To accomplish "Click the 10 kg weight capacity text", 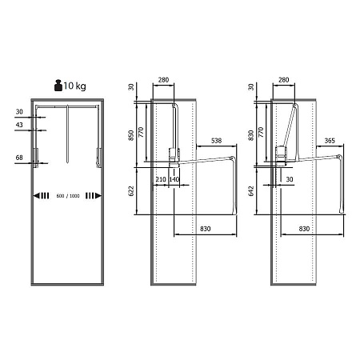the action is [74, 86].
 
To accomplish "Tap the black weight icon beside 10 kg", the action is [58, 86].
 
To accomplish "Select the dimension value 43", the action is [19, 125].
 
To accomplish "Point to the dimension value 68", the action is [19, 158].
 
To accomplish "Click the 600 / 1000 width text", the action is [68, 196].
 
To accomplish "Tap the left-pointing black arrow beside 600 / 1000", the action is [41, 196].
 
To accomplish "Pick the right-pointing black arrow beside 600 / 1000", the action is [94, 196].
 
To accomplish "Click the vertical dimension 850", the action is [131, 135].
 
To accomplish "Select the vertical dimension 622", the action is [131, 191].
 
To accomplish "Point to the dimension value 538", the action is [216, 141].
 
